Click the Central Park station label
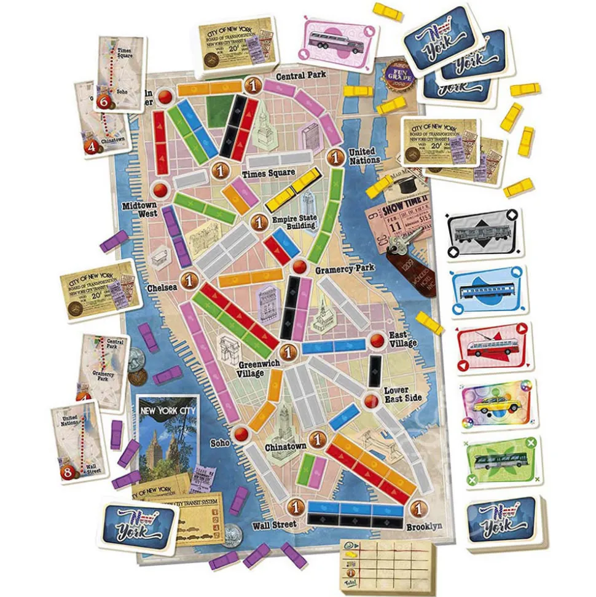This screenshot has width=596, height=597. [x=300, y=76]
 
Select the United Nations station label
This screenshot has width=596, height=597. [x=364, y=156]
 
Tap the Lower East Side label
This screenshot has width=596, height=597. [x=402, y=394]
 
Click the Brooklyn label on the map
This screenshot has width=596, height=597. [x=424, y=526]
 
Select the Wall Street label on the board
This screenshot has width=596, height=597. [x=274, y=525]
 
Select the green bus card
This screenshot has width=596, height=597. [x=500, y=461]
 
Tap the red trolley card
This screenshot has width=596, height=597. [x=493, y=347]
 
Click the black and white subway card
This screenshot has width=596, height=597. [x=484, y=234]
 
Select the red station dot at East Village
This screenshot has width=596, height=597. [x=377, y=341]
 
